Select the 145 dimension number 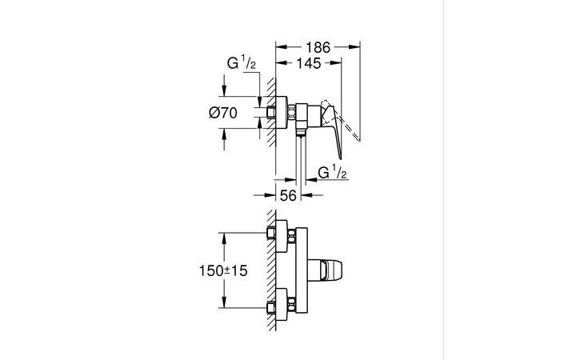(308, 62)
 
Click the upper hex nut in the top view (273, 234)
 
